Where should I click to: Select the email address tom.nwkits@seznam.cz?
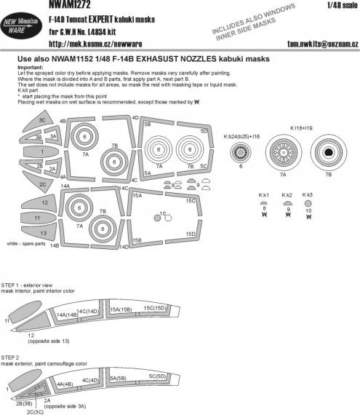[x=315, y=44]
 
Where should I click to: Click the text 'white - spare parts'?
[x=31, y=243]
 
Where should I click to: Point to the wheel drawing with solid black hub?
[x=329, y=154]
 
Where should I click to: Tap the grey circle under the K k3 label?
[x=308, y=204]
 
